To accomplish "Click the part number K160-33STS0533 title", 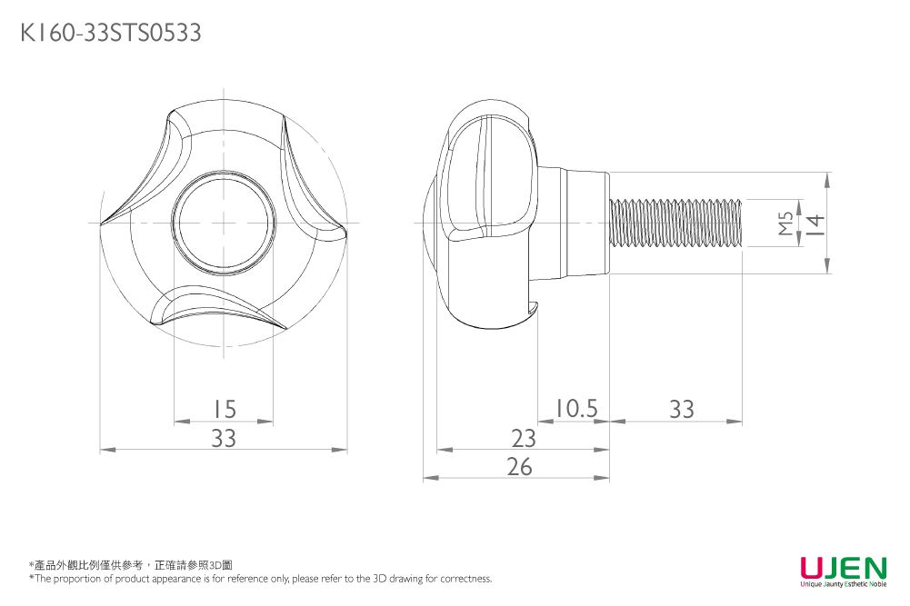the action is point(111,33).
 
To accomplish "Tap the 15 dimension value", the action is point(224,409).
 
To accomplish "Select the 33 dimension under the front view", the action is point(224,438).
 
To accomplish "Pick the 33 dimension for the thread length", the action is point(681,409).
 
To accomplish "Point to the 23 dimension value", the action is point(524,438).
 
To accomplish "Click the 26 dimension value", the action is point(519,466).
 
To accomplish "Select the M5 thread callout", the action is point(785,223).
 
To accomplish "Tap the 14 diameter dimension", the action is point(816,224).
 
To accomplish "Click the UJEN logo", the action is point(844,567).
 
